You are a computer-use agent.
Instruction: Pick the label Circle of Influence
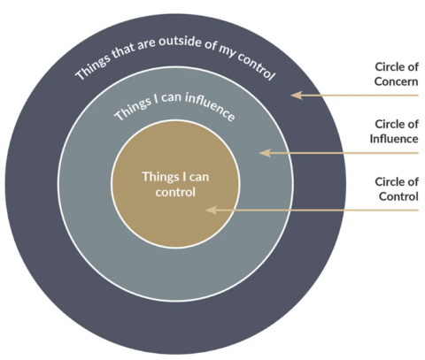click(394, 131)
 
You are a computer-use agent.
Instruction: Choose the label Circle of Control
click(396, 188)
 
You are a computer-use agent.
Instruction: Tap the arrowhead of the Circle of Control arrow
click(208, 211)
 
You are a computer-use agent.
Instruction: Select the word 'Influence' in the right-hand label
click(394, 139)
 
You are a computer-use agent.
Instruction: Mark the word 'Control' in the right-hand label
click(398, 196)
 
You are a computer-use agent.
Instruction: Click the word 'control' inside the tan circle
click(173, 190)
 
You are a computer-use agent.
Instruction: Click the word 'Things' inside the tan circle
click(159, 176)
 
